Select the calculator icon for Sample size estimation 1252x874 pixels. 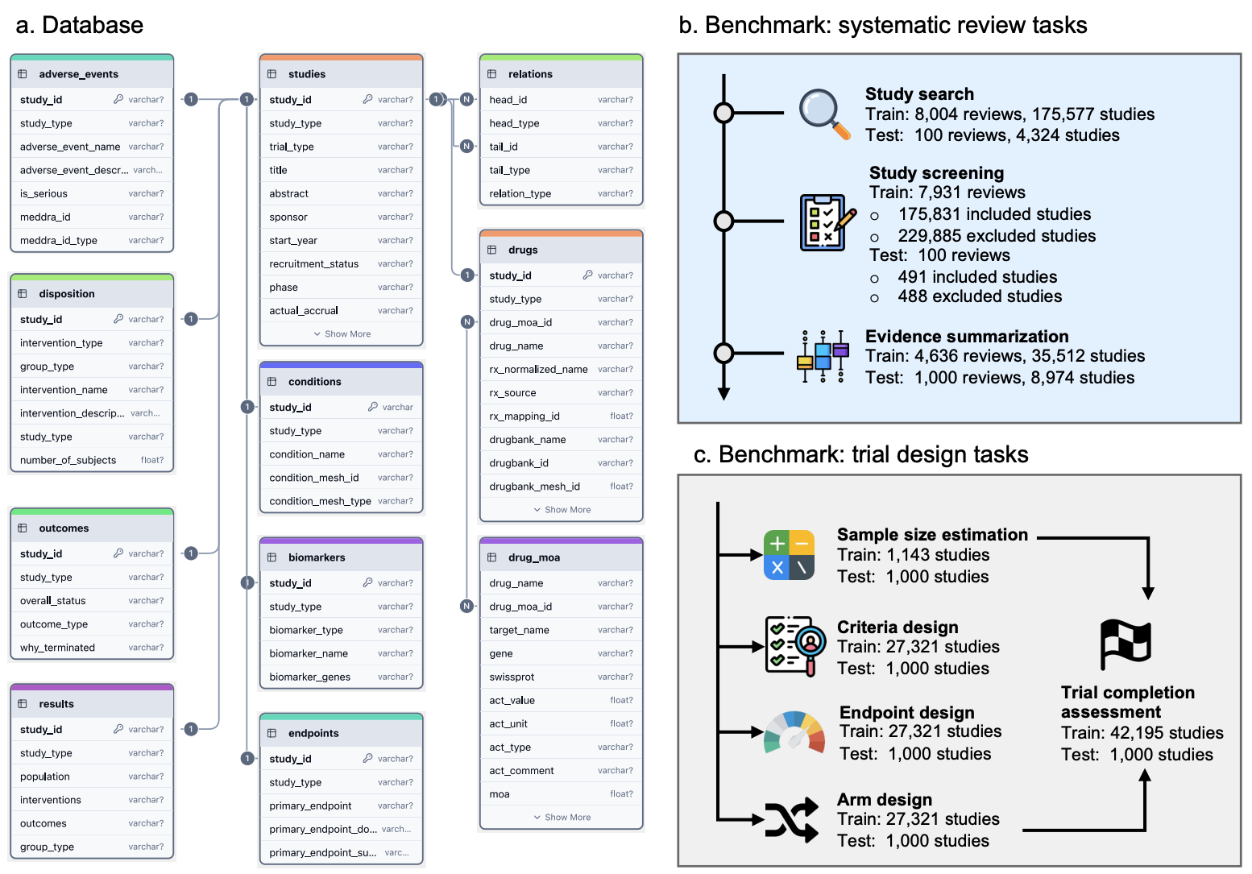click(789, 555)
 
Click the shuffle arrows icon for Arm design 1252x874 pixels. click(791, 820)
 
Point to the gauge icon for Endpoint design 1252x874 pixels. click(794, 731)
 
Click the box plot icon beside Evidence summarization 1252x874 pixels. click(823, 356)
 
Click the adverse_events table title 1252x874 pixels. click(78, 74)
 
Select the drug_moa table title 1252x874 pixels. click(534, 557)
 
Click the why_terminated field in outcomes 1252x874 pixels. click(57, 647)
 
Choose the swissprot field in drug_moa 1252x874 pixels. click(512, 677)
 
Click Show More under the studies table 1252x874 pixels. click(342, 333)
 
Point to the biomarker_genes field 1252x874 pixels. click(309, 677)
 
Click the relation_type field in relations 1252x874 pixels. click(520, 193)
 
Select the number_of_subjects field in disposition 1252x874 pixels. click(68, 460)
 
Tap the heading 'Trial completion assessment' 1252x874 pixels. click(1127, 702)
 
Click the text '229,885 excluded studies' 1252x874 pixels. click(997, 235)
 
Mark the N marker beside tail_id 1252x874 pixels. click(466, 147)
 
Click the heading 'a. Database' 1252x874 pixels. click(80, 25)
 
